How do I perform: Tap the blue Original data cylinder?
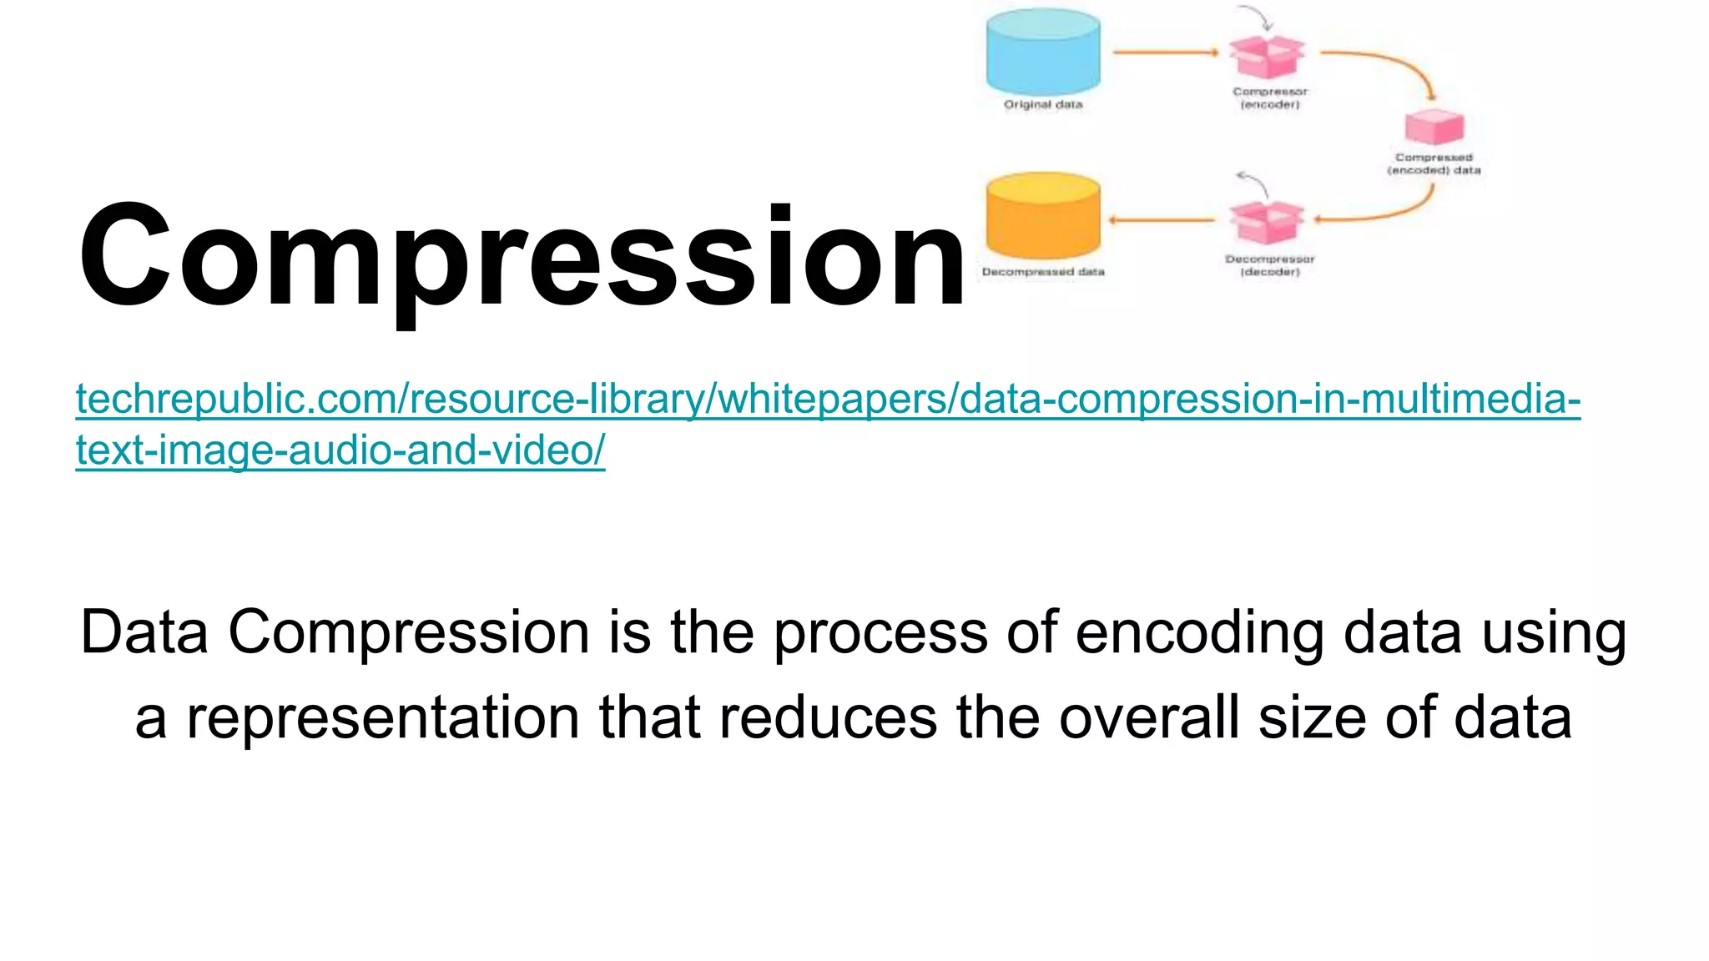point(1043,52)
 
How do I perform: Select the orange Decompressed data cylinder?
point(1043,216)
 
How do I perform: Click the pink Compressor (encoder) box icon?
point(1267,57)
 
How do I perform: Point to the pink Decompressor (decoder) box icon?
point(1267,223)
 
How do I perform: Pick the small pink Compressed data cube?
point(1434,127)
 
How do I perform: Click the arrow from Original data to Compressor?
point(1165,53)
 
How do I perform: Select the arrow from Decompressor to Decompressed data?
point(1162,220)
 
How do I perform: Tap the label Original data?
point(1043,105)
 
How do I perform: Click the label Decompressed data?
point(1043,272)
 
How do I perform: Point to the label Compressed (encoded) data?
point(1434,164)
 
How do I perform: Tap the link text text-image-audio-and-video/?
point(340,450)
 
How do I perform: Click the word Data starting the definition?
point(144,631)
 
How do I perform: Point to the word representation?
point(382,717)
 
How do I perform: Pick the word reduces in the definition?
point(828,717)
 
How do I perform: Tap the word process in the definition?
point(880,631)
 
